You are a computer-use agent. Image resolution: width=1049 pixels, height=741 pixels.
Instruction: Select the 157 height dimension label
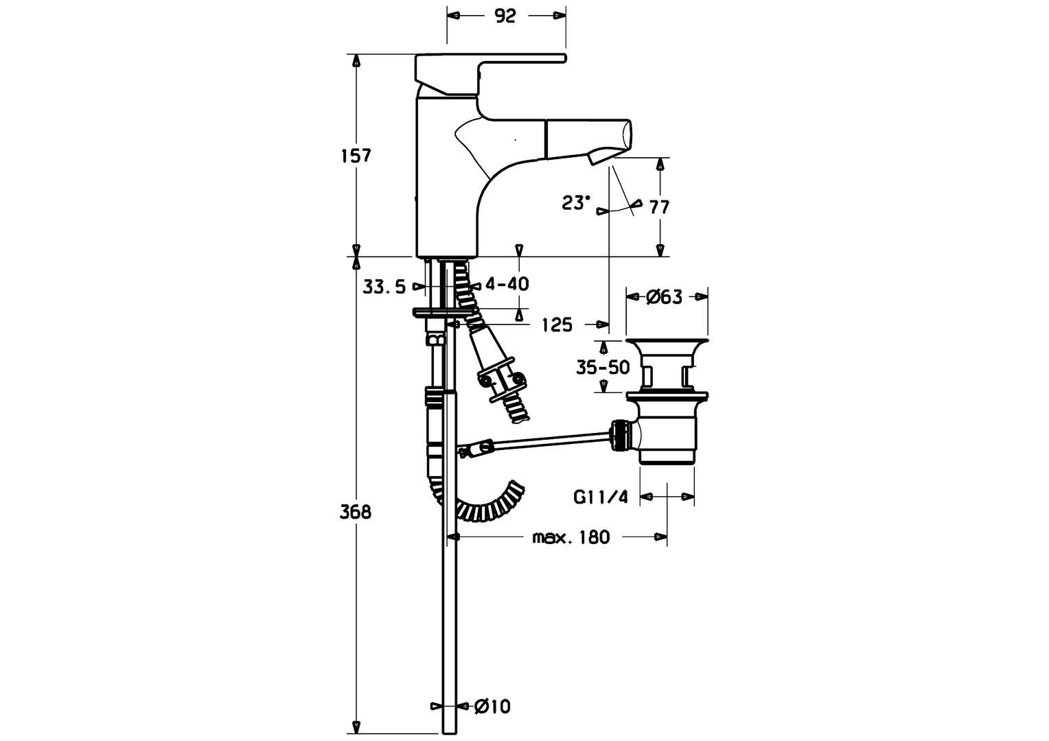(356, 156)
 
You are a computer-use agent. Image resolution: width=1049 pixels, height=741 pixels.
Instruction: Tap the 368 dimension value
(356, 511)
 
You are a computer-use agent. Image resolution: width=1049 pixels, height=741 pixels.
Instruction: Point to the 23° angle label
(575, 203)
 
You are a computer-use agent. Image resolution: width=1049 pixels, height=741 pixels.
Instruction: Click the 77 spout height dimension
(659, 207)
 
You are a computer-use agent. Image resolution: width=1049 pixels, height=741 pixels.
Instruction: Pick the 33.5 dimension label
(384, 287)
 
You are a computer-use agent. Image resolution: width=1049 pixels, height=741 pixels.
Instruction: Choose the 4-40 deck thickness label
(507, 283)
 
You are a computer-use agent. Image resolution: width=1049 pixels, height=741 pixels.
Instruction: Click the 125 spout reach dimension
(556, 325)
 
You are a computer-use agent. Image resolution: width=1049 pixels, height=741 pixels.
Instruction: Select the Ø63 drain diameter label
(664, 296)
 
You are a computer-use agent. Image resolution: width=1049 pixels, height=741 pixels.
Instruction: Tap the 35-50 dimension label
(603, 368)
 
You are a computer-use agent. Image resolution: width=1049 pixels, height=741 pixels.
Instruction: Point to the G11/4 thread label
(601, 497)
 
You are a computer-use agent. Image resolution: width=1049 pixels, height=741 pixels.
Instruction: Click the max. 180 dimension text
(570, 537)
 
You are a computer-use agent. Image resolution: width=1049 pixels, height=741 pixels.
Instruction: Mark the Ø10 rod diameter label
(492, 706)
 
